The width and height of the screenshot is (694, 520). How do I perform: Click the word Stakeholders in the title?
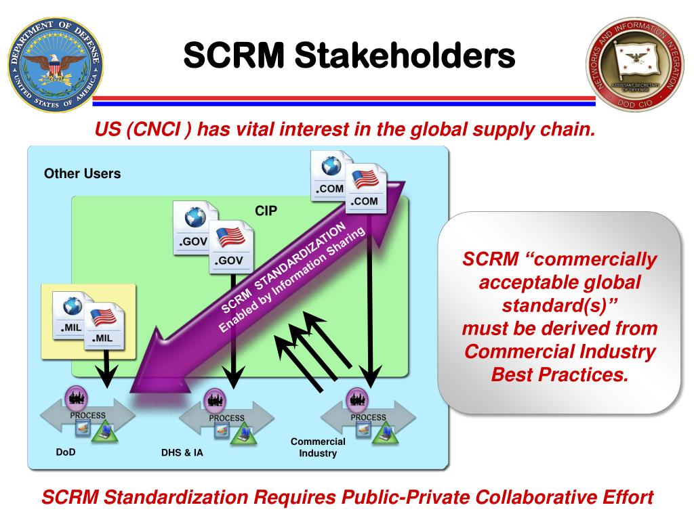pos(407,55)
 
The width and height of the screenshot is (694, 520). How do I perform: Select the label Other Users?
pos(82,174)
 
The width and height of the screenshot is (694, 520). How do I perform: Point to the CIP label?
pos(266,211)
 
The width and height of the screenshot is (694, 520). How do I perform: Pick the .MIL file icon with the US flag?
pos(103,324)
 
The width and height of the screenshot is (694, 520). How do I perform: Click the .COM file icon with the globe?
pos(330,174)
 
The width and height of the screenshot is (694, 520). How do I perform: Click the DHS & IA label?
pos(182,453)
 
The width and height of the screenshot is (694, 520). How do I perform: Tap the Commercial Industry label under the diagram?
pos(318,448)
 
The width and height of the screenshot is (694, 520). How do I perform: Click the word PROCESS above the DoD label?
pos(87,415)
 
